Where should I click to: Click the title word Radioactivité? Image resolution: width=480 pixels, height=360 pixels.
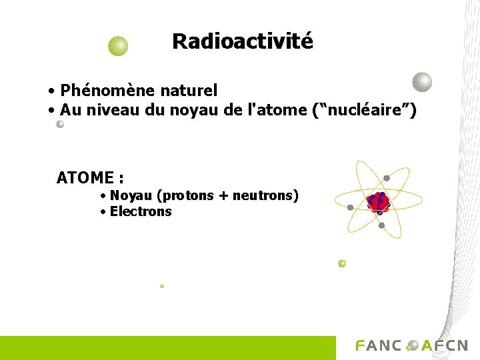[x=242, y=41]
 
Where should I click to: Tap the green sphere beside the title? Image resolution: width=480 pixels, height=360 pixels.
[x=118, y=46]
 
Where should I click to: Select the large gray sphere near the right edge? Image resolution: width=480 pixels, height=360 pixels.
[x=422, y=82]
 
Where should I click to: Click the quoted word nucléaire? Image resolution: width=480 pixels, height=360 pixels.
[x=364, y=110]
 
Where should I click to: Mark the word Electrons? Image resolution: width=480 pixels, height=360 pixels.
[x=141, y=212]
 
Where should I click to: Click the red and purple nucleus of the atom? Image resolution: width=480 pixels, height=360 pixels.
[x=378, y=202]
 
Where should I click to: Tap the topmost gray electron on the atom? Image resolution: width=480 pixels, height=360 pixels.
[x=387, y=178]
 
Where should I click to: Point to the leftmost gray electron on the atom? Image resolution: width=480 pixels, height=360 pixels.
[x=350, y=207]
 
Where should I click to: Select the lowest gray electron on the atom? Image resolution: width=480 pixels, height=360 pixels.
[x=381, y=225]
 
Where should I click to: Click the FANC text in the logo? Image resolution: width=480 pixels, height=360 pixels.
[x=379, y=345]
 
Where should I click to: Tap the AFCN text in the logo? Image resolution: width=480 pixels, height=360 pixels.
[x=444, y=345]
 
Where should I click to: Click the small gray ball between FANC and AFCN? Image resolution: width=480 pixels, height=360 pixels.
[x=412, y=345]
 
